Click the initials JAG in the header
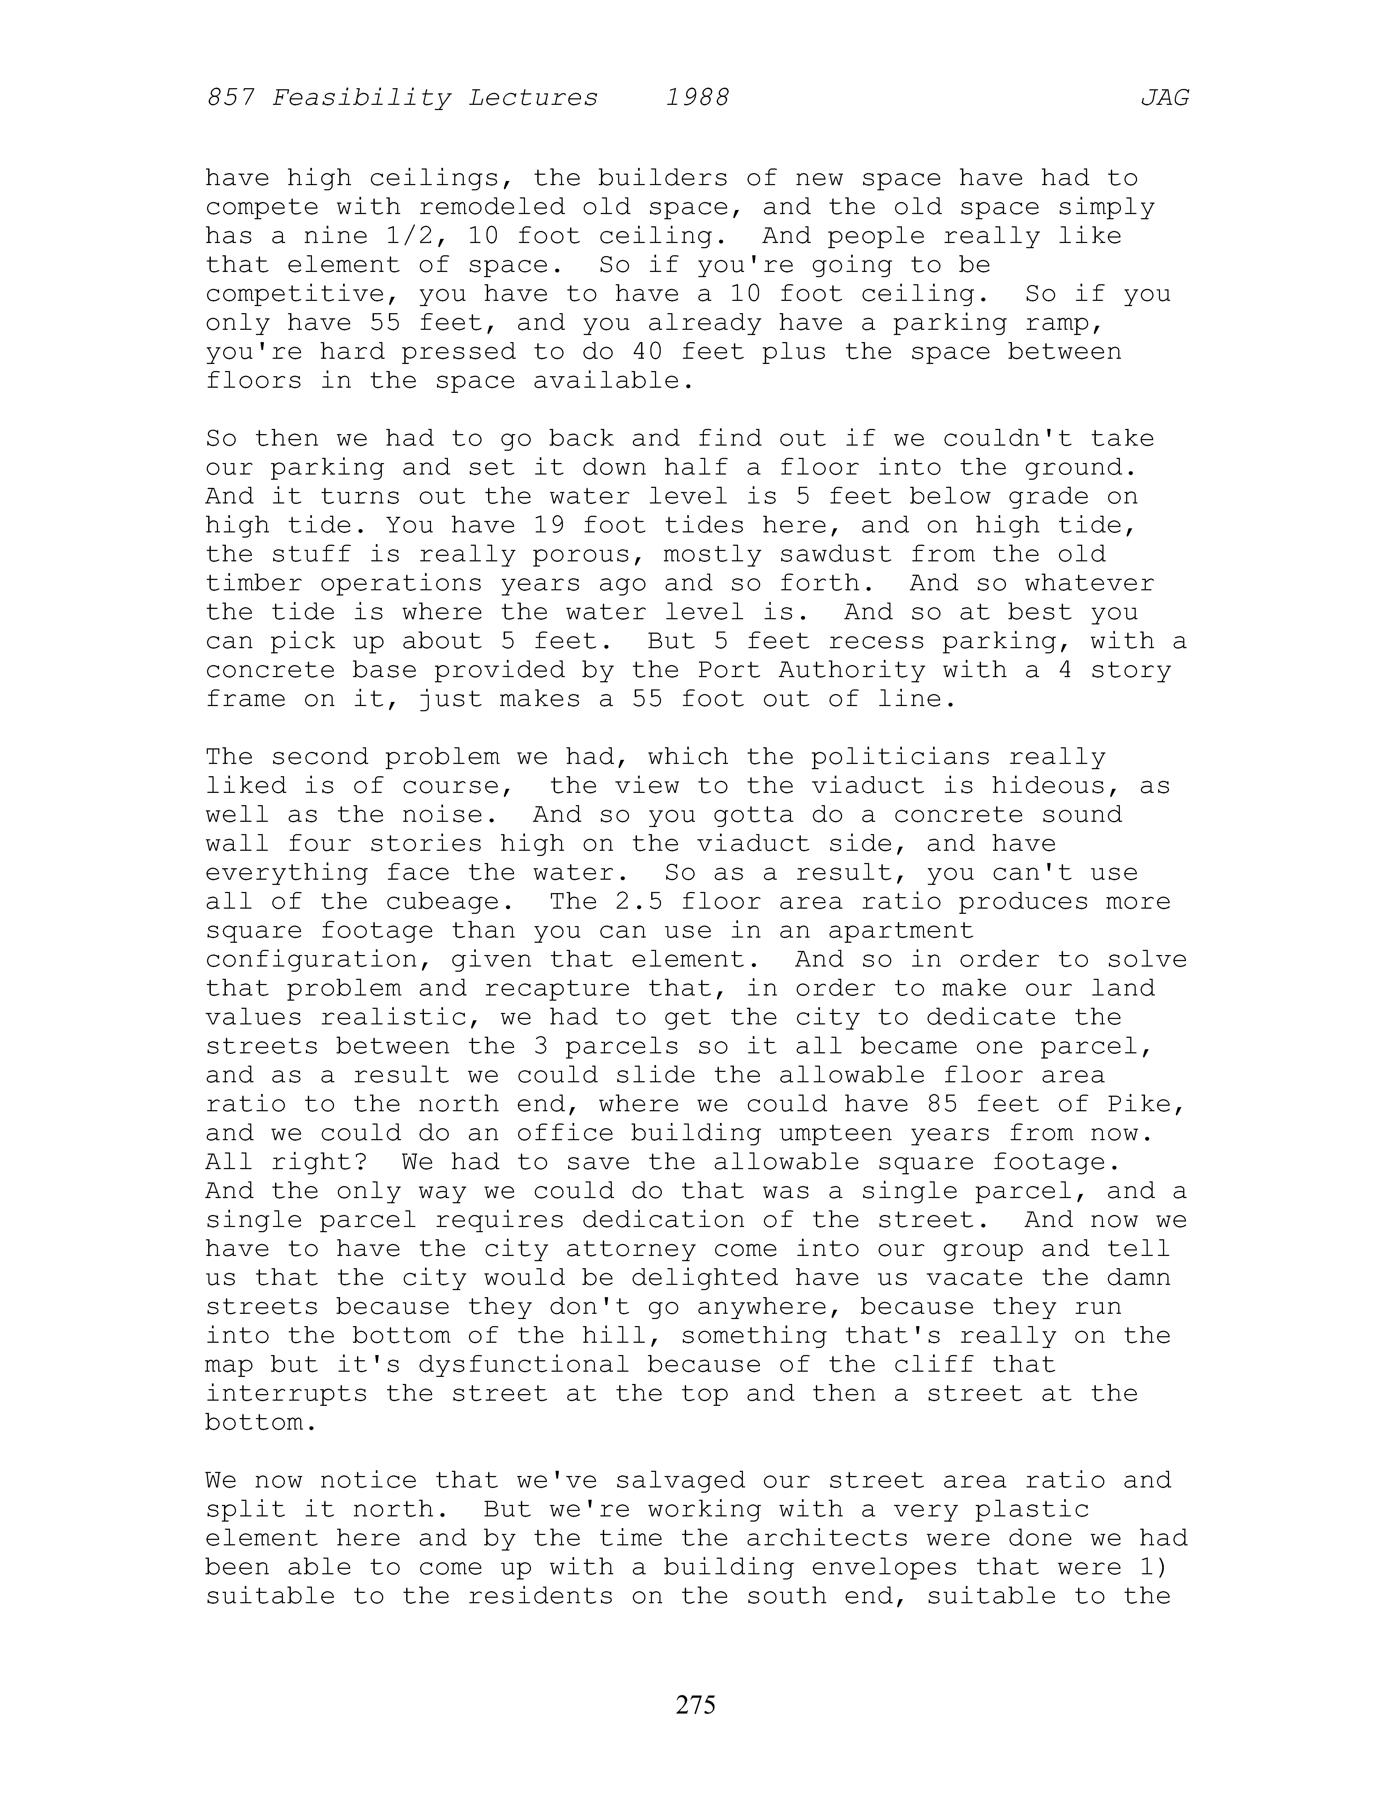point(1164,98)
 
